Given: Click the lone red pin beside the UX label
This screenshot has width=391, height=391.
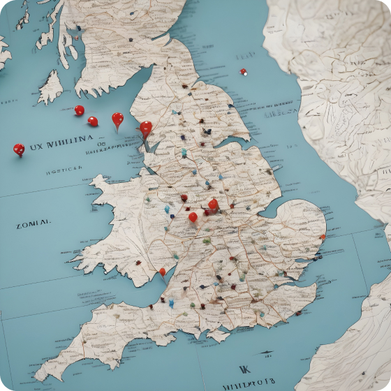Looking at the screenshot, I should pos(19,149).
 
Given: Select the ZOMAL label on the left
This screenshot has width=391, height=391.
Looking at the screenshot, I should pos(33,224).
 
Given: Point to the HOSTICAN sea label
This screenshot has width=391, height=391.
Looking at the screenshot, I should pos(64,169).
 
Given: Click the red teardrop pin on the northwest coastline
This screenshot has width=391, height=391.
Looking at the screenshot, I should pos(145,128).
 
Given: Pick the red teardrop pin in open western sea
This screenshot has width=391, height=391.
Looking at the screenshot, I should pos(117,119).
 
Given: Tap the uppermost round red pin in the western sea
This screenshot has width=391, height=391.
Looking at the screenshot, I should pos(80,110).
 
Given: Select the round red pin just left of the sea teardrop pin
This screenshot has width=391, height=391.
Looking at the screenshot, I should pos(93,121).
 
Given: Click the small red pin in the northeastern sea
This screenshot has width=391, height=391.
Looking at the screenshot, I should pos(243,71).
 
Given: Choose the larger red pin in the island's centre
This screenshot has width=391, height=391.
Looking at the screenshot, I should pos(213,205).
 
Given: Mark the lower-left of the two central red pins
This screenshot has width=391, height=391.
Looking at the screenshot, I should pos(193,217).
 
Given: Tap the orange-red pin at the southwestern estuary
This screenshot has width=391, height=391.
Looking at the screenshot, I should pos(163,272).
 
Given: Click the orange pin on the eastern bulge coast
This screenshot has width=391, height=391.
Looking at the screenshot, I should pos(322,237).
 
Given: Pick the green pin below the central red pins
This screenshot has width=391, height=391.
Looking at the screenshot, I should pos(206,242).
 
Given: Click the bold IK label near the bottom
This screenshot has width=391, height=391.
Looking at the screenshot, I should pos(244,370).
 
